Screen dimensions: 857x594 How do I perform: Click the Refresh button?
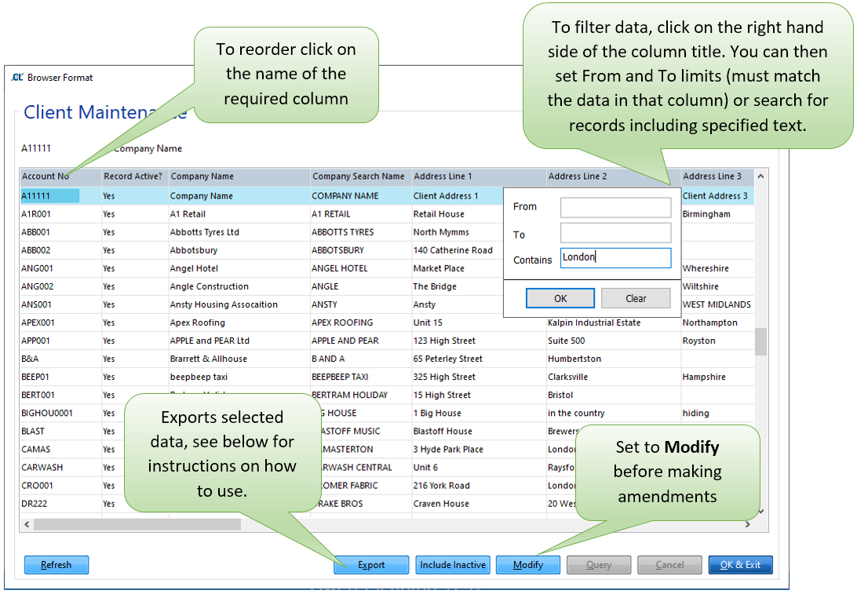point(57,564)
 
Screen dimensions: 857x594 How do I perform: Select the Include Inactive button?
point(453,564)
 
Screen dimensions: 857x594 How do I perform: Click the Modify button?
point(528,564)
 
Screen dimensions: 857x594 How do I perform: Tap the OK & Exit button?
point(740,564)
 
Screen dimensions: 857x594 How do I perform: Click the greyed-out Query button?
point(599,564)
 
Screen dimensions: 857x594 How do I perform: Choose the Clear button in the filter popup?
point(636,298)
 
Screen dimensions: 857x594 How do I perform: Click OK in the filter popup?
point(560,298)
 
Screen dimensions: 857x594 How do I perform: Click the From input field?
point(615,207)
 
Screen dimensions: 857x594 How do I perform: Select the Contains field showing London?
point(615,258)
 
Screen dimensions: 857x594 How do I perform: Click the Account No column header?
point(46,176)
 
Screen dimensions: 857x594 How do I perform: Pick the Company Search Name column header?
point(359,176)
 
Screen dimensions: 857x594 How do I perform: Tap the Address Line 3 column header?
point(712,176)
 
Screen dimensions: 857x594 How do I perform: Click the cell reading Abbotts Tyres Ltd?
point(204,231)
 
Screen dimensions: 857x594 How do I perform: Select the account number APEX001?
point(38,323)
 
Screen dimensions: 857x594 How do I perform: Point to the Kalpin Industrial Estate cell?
point(594,323)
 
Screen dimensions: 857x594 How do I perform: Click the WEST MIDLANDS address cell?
point(717,304)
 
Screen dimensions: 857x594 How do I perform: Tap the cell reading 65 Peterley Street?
point(447,359)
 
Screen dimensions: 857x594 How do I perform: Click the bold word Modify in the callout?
point(692,447)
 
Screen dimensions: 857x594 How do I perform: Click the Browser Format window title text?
point(60,78)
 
